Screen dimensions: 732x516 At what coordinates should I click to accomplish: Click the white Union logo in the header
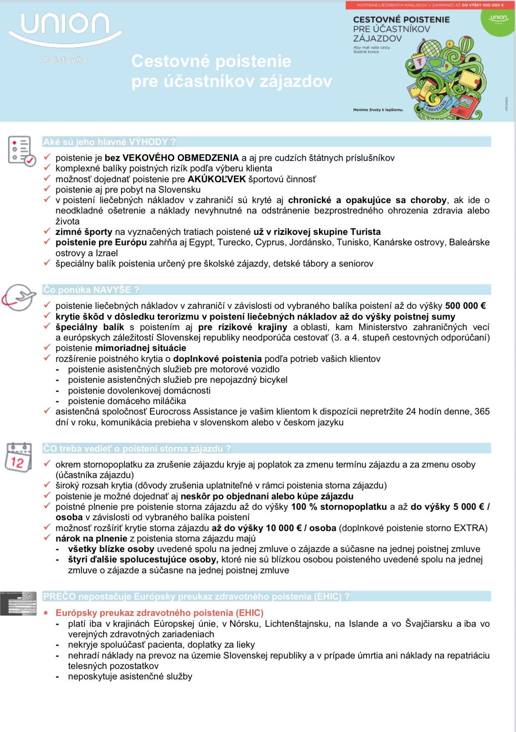point(65,27)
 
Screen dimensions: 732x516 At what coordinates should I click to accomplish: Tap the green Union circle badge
point(498,20)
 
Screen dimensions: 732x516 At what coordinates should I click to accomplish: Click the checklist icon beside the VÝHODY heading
point(21,151)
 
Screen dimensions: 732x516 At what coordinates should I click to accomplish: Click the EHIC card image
point(19,603)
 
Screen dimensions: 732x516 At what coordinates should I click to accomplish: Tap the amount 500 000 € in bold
point(465,306)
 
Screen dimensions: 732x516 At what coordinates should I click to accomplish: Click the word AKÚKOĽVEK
point(217,179)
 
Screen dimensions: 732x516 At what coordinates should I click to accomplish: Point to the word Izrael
point(107,253)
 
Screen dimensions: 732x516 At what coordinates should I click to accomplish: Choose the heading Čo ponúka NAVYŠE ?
point(91,290)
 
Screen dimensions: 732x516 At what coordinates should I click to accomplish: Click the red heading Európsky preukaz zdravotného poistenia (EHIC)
point(159,613)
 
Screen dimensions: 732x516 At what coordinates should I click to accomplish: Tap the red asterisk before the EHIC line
point(46,613)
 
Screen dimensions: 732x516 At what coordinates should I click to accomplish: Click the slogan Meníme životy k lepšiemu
point(378,110)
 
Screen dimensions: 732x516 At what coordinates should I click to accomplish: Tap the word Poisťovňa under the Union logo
point(65,60)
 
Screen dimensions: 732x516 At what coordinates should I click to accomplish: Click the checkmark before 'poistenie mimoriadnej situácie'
point(47,347)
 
